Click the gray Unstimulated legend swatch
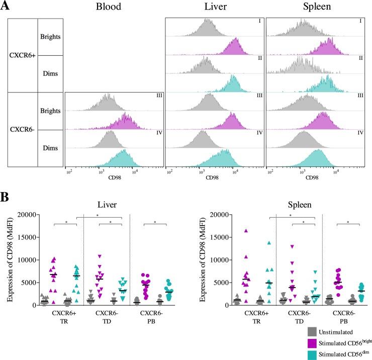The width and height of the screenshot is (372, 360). click(312, 332)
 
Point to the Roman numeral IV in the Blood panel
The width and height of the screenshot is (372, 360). click(159, 133)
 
